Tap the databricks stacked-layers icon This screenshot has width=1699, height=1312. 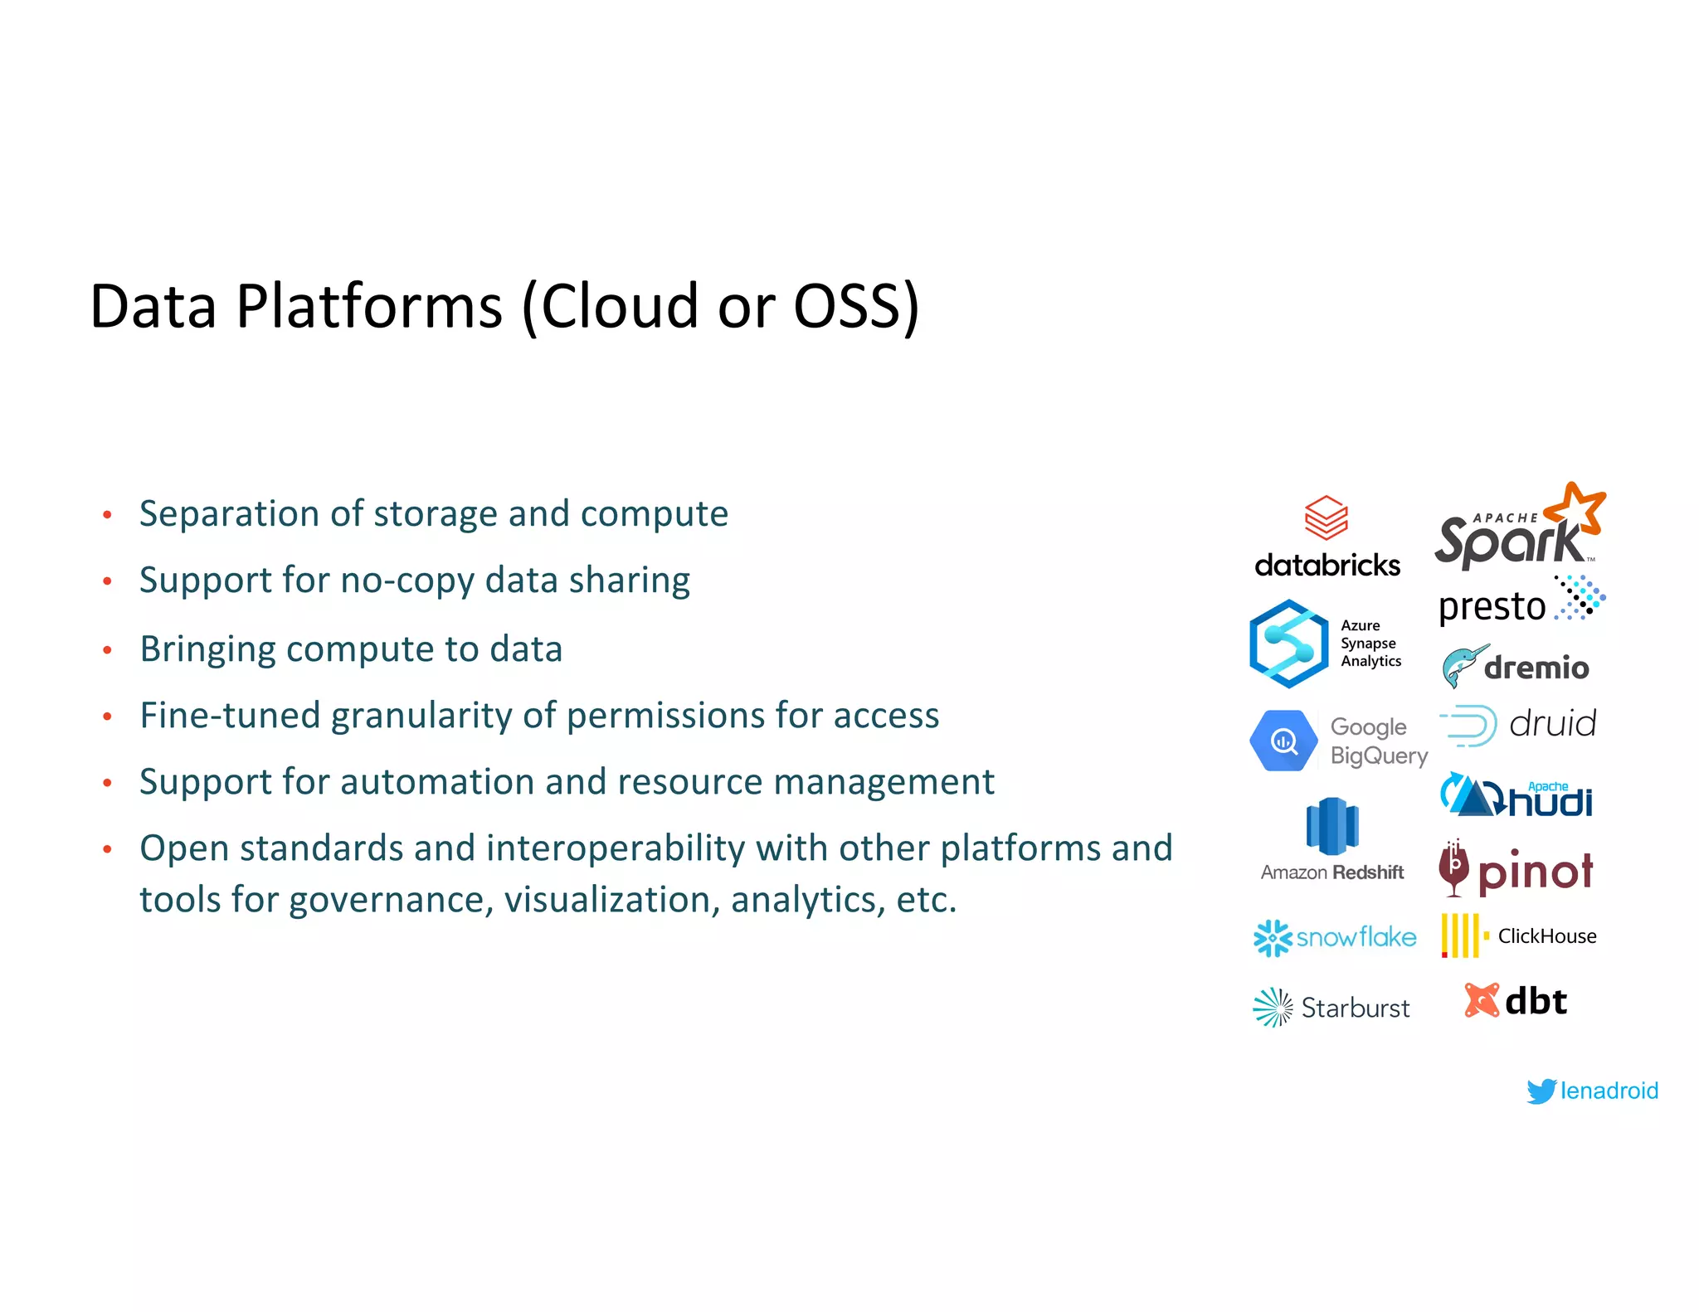[1326, 518]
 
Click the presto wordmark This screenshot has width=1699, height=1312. [1492, 607]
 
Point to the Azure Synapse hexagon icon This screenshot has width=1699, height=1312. [1288, 644]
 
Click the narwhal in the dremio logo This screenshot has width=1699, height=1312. [1462, 666]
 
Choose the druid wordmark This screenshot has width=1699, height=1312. [1552, 724]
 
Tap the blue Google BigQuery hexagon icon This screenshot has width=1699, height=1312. [1283, 741]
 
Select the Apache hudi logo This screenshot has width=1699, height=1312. [1516, 796]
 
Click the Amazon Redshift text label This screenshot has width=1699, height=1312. [1331, 872]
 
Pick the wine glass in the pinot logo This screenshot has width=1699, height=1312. [1453, 869]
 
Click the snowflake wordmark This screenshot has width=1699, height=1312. [1356, 938]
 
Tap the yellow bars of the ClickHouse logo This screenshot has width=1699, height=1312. [1461, 935]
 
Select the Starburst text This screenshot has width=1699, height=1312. [1355, 1008]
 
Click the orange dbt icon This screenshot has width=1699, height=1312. [1481, 1000]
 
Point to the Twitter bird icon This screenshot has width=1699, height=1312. [1541, 1091]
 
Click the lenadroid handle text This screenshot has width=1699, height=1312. [1609, 1091]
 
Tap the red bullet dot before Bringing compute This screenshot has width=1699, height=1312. [107, 650]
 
